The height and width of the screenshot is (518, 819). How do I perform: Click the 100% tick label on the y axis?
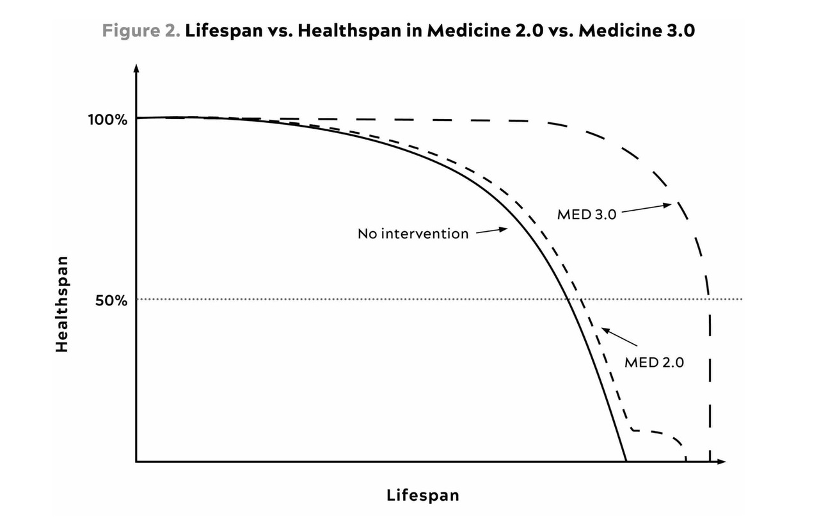107,120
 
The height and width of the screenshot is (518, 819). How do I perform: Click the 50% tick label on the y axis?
111,300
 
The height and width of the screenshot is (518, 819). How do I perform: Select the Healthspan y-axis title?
61,304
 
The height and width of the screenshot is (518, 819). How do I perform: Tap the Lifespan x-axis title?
422,495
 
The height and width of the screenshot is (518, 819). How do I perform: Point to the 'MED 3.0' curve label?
586,214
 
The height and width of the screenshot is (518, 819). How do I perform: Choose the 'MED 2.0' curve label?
654,362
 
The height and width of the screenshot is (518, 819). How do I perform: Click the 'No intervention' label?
413,234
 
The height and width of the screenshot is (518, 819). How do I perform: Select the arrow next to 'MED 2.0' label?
619,337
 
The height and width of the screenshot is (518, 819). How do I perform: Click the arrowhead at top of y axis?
136,67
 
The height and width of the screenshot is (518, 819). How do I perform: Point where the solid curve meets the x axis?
626,461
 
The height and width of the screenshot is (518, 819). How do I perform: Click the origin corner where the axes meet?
136,461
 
